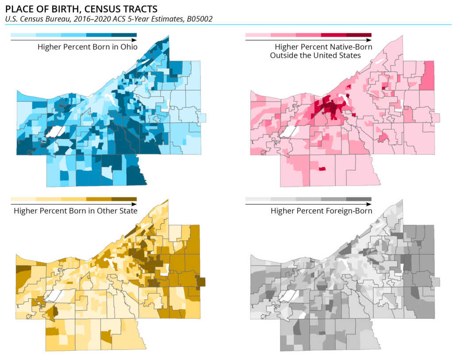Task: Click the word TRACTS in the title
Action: [x=140, y=9]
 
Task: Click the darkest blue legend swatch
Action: [x=124, y=35]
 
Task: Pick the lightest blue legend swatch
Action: [x=23, y=35]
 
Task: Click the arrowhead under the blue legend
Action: [x=134, y=40]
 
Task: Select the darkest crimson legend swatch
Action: [x=359, y=35]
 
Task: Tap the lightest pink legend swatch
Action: [x=258, y=35]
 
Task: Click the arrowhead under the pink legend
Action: [x=369, y=40]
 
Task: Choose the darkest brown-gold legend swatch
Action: [x=124, y=199]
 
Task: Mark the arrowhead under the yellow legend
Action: [x=134, y=205]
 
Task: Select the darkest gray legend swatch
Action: [x=359, y=199]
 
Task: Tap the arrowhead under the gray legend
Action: [x=369, y=205]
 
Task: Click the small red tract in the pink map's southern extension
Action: [x=322, y=169]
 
